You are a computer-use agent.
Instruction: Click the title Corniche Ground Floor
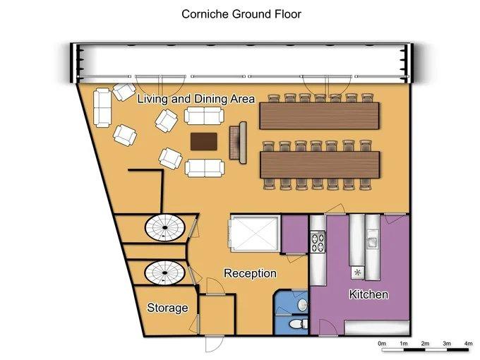point(241,14)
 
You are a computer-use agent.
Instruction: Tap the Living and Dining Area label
point(196,99)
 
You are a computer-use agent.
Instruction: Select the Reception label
point(250,273)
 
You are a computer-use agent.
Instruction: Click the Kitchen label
point(368,294)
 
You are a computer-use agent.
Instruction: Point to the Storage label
point(167,308)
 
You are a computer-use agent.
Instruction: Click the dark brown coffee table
point(203,141)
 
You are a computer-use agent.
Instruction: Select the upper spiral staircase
point(165,228)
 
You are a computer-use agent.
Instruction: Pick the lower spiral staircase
point(164,272)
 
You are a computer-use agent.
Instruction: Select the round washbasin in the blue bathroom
point(302,304)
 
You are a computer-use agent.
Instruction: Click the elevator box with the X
point(255,233)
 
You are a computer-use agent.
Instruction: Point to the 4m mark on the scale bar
point(468,344)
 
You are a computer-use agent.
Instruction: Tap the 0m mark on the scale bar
point(382,344)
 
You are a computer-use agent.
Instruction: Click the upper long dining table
point(319,116)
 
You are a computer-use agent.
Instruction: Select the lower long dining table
point(320,164)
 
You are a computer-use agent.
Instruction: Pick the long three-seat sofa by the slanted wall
point(102,108)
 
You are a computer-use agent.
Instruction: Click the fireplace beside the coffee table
point(239,143)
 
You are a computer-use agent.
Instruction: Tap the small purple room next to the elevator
point(294,234)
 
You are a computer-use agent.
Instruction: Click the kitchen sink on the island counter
point(373,241)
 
